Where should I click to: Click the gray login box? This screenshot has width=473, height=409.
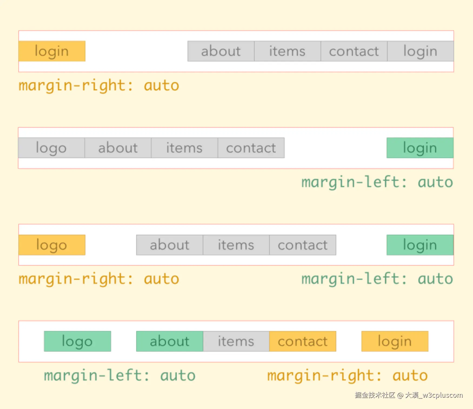coord(420,51)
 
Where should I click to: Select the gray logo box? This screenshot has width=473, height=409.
coord(51,148)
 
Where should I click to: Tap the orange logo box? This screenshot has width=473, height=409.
coord(52,245)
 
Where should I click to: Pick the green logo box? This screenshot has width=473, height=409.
coord(77,341)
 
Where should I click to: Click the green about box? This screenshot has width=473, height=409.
coord(170,341)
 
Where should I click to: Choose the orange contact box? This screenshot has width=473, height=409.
coord(303,341)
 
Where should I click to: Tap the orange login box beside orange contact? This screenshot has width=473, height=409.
coord(395,341)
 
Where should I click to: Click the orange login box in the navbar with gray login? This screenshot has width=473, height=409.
coord(52,51)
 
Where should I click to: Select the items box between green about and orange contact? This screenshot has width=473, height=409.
coord(236,341)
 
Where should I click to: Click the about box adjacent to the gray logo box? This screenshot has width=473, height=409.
coord(118,148)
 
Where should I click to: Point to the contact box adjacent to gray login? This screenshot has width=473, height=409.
coord(354,51)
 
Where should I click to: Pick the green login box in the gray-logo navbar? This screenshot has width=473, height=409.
coord(420,148)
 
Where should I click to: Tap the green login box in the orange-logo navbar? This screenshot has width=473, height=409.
coord(420,245)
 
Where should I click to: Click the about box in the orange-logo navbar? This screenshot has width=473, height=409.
coord(170,245)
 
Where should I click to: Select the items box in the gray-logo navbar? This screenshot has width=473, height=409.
coord(185,148)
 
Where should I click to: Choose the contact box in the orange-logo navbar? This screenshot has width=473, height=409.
coord(303,245)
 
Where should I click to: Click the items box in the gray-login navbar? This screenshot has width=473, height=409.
coord(288,51)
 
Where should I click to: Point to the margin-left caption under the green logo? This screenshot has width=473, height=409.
coord(120,376)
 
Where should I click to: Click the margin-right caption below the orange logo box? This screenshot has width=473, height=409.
coord(99,279)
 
